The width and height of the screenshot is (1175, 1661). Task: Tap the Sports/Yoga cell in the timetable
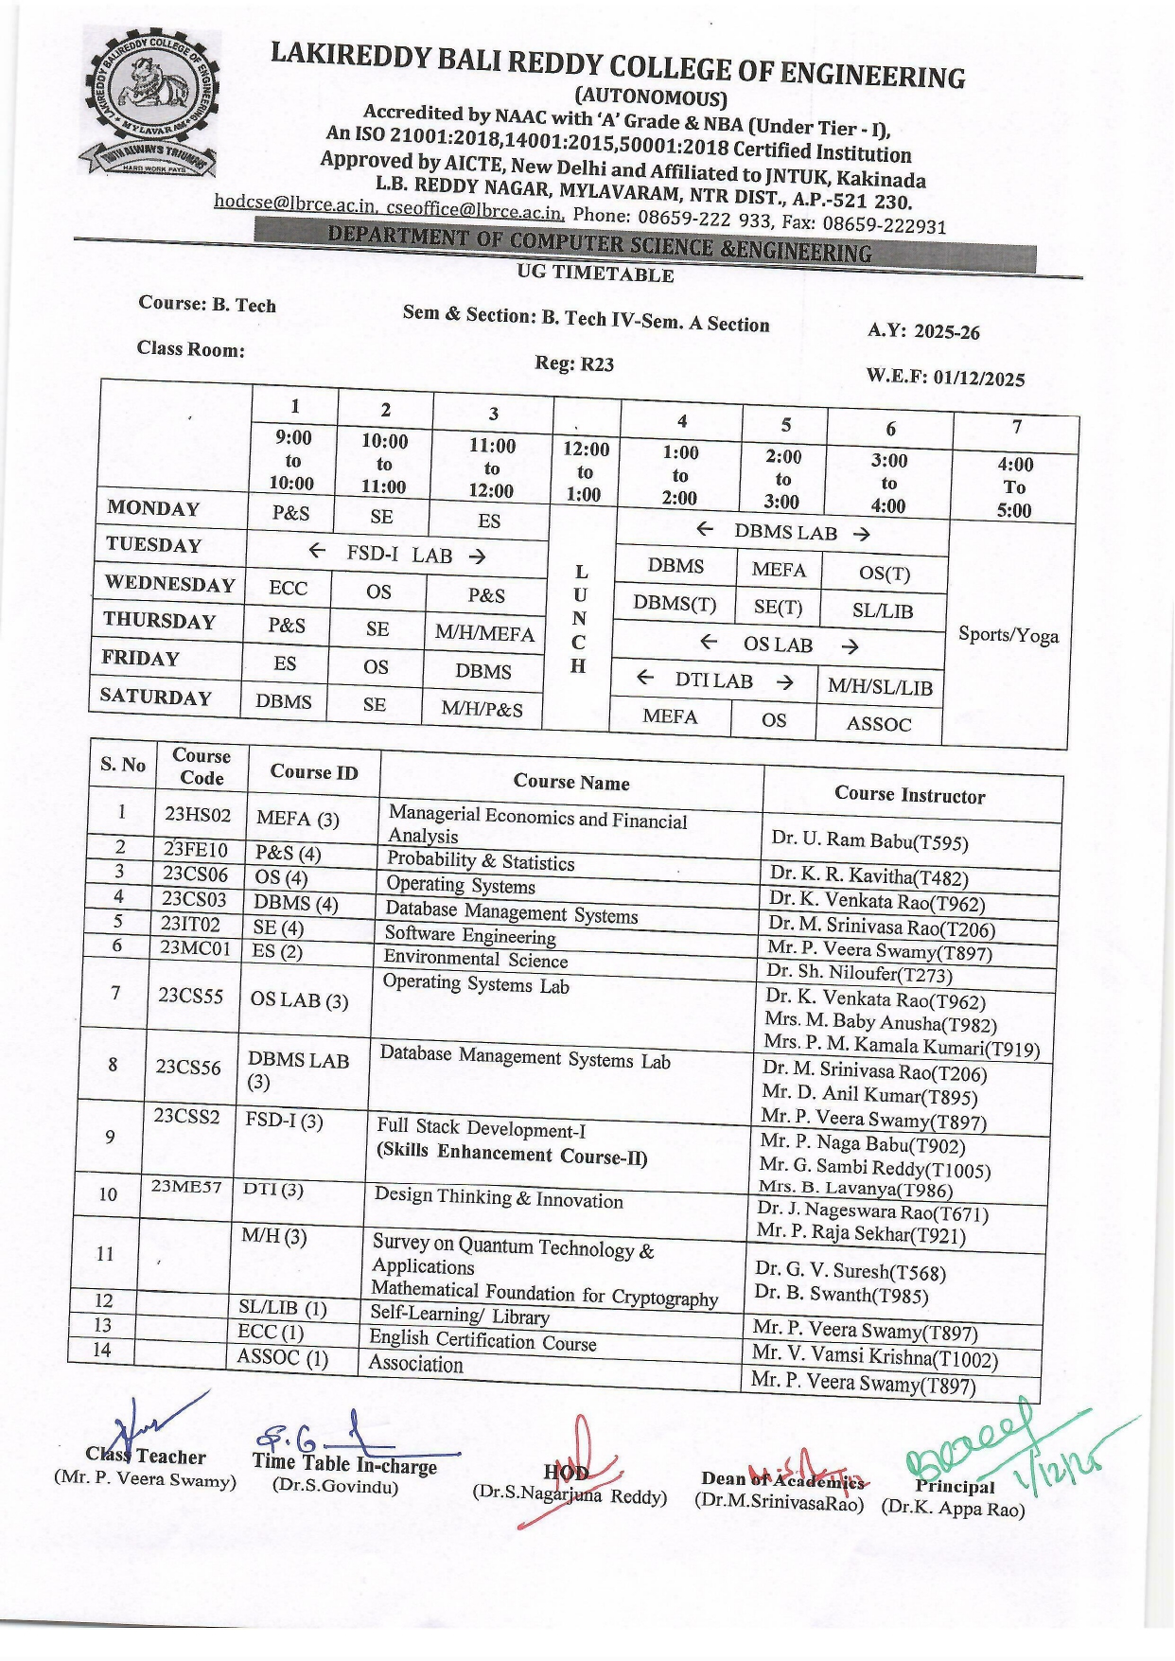(1008, 634)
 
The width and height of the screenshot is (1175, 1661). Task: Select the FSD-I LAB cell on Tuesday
(397, 554)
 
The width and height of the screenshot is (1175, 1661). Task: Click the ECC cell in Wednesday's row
(288, 588)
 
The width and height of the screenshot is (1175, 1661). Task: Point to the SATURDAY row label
(155, 697)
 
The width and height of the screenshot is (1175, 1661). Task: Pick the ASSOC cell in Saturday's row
(879, 724)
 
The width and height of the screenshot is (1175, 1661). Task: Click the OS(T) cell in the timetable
(885, 574)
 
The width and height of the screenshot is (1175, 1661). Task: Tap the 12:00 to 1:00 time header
(585, 471)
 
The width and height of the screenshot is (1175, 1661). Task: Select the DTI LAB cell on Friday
(714, 680)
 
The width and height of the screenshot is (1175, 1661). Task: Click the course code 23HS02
(198, 814)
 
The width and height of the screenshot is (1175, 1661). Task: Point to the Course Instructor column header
(909, 795)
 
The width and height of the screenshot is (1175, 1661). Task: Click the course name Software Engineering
(470, 935)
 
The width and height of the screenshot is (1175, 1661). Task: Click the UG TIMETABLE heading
(595, 274)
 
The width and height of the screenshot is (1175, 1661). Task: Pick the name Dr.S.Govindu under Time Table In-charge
(336, 1486)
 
